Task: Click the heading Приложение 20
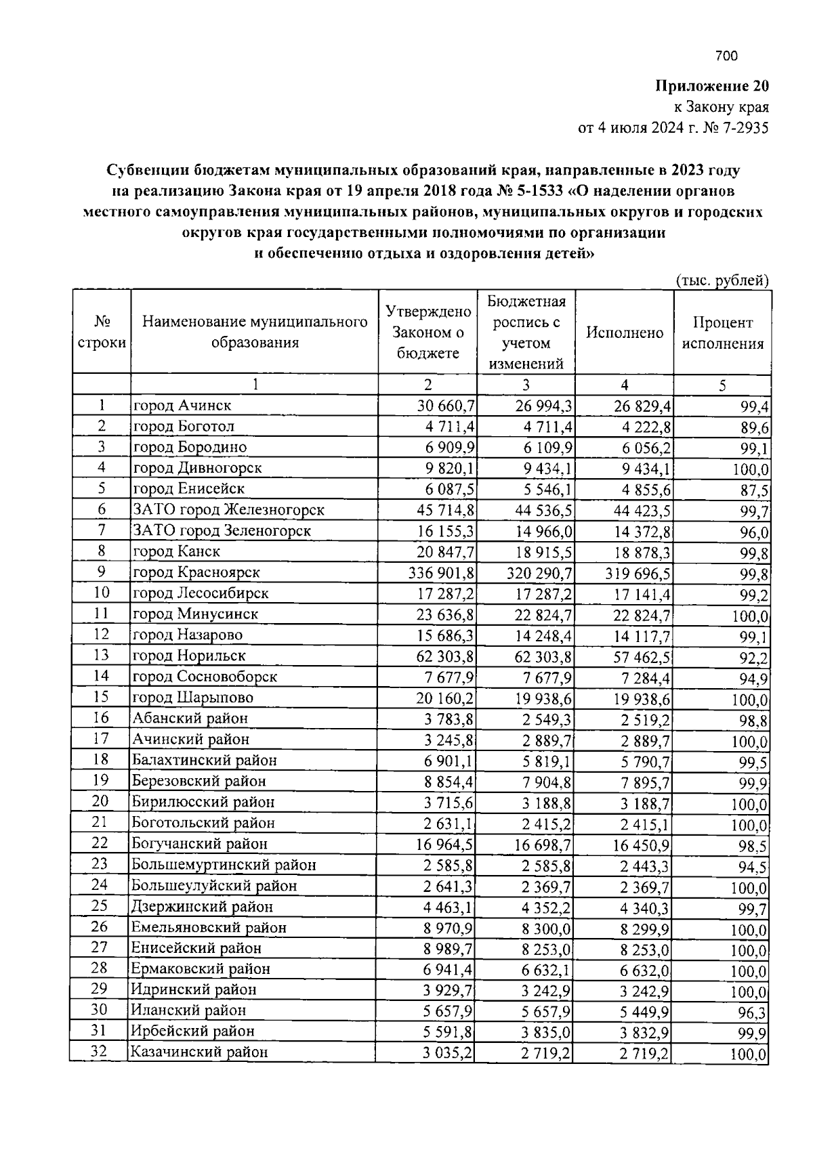[711, 86]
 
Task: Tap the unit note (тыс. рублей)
[722, 280]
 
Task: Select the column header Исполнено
[625, 333]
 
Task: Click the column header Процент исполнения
[722, 333]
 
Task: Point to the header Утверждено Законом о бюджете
[428, 332]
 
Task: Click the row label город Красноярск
[196, 572]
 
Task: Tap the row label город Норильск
[189, 656]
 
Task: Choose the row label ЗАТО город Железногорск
[228, 509]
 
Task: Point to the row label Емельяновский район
[209, 927]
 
